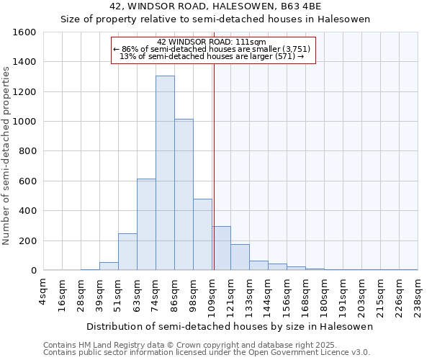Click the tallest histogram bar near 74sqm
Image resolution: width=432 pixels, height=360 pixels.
[x=165, y=173]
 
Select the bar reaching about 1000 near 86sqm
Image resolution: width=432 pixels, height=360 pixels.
[x=184, y=194]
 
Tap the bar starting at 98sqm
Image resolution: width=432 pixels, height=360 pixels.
[x=202, y=235]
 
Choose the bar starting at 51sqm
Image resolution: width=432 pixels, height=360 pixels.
[x=127, y=252]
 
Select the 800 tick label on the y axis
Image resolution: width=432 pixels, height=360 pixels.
[x=27, y=151]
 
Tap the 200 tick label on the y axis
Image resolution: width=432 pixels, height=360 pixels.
[x=27, y=240]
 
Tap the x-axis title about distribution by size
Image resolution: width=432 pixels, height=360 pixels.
[x=230, y=326]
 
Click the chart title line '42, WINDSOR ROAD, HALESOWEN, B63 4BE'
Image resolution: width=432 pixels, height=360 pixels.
[x=215, y=6]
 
